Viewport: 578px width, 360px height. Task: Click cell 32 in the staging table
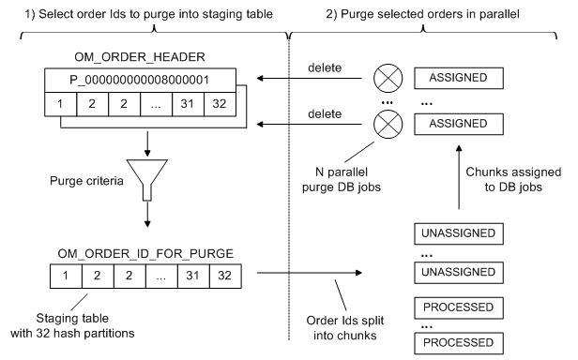tap(221, 277)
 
